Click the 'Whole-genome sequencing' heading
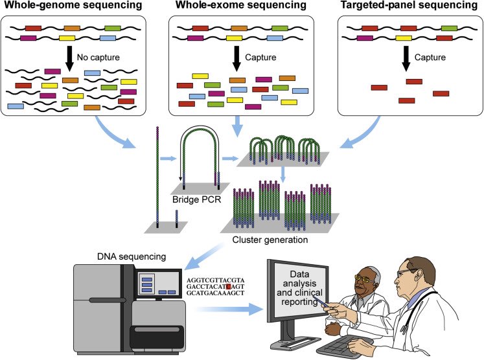73,5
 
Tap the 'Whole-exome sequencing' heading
241,5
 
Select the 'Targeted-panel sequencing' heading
409,5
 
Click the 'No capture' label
98,58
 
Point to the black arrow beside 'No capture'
70,59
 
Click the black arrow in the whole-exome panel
237,59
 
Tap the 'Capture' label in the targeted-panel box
430,58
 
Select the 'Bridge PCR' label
196,199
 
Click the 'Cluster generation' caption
270,240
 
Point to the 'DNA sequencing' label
132,256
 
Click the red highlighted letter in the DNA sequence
229,287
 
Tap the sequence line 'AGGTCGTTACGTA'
216,280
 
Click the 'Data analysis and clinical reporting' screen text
299,288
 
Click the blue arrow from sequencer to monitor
229,309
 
